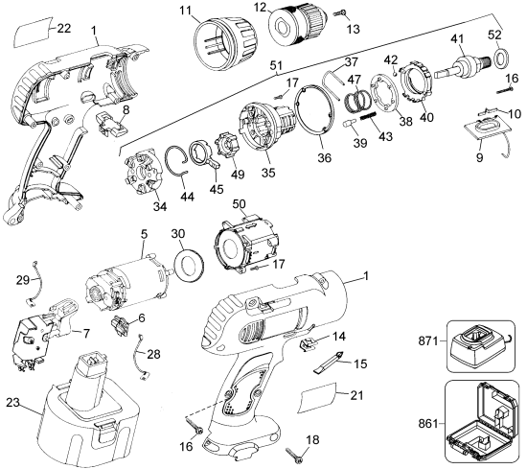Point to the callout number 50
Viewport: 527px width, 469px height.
(239, 206)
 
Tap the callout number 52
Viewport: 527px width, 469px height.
(494, 35)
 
